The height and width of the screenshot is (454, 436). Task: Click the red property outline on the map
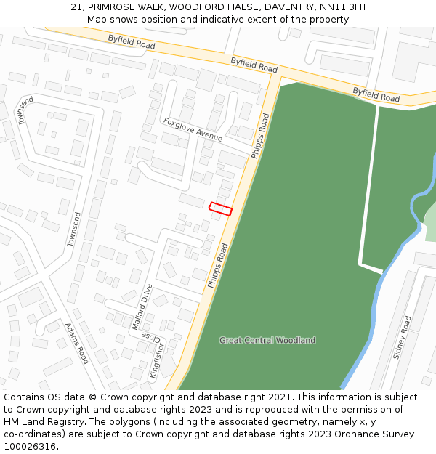(x=220, y=209)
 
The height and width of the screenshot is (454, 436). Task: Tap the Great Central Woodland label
(x=267, y=340)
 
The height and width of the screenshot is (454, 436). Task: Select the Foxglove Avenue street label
(x=193, y=129)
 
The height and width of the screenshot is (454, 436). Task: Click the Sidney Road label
(x=402, y=337)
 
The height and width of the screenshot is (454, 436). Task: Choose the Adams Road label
(x=76, y=344)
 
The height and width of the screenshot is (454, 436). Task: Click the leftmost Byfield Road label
(x=132, y=43)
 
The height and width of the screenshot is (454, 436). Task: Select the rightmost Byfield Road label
(x=376, y=94)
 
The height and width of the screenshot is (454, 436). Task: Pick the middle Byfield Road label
(x=254, y=65)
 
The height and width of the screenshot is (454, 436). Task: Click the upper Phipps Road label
(x=260, y=136)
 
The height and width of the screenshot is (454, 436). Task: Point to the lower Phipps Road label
(x=218, y=265)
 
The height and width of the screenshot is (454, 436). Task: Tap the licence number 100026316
(x=30, y=446)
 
